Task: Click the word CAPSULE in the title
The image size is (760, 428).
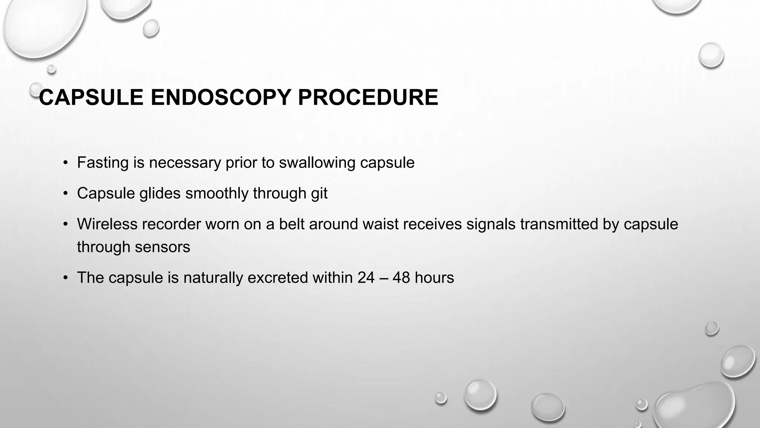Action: point(91,98)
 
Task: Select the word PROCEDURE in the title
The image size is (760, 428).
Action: point(368,98)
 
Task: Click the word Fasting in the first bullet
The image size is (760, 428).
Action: point(103,163)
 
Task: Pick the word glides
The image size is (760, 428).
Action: point(160,194)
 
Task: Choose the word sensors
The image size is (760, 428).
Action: point(162,247)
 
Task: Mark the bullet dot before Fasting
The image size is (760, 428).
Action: point(66,163)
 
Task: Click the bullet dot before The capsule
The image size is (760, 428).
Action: point(66,278)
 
